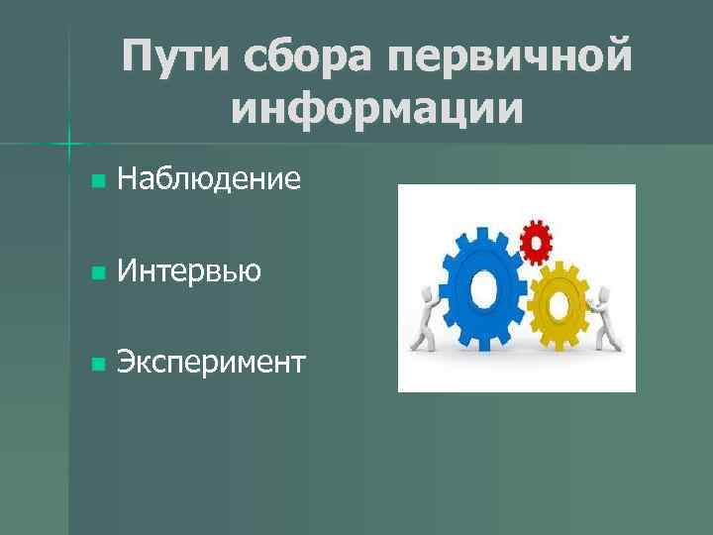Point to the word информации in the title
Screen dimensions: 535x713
click(377, 108)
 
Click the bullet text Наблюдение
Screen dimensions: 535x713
click(208, 179)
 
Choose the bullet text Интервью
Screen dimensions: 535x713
click(189, 270)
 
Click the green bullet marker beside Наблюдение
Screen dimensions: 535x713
click(96, 181)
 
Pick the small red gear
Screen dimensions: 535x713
click(536, 238)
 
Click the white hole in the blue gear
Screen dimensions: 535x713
click(483, 288)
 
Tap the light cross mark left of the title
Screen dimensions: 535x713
click(68, 145)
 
